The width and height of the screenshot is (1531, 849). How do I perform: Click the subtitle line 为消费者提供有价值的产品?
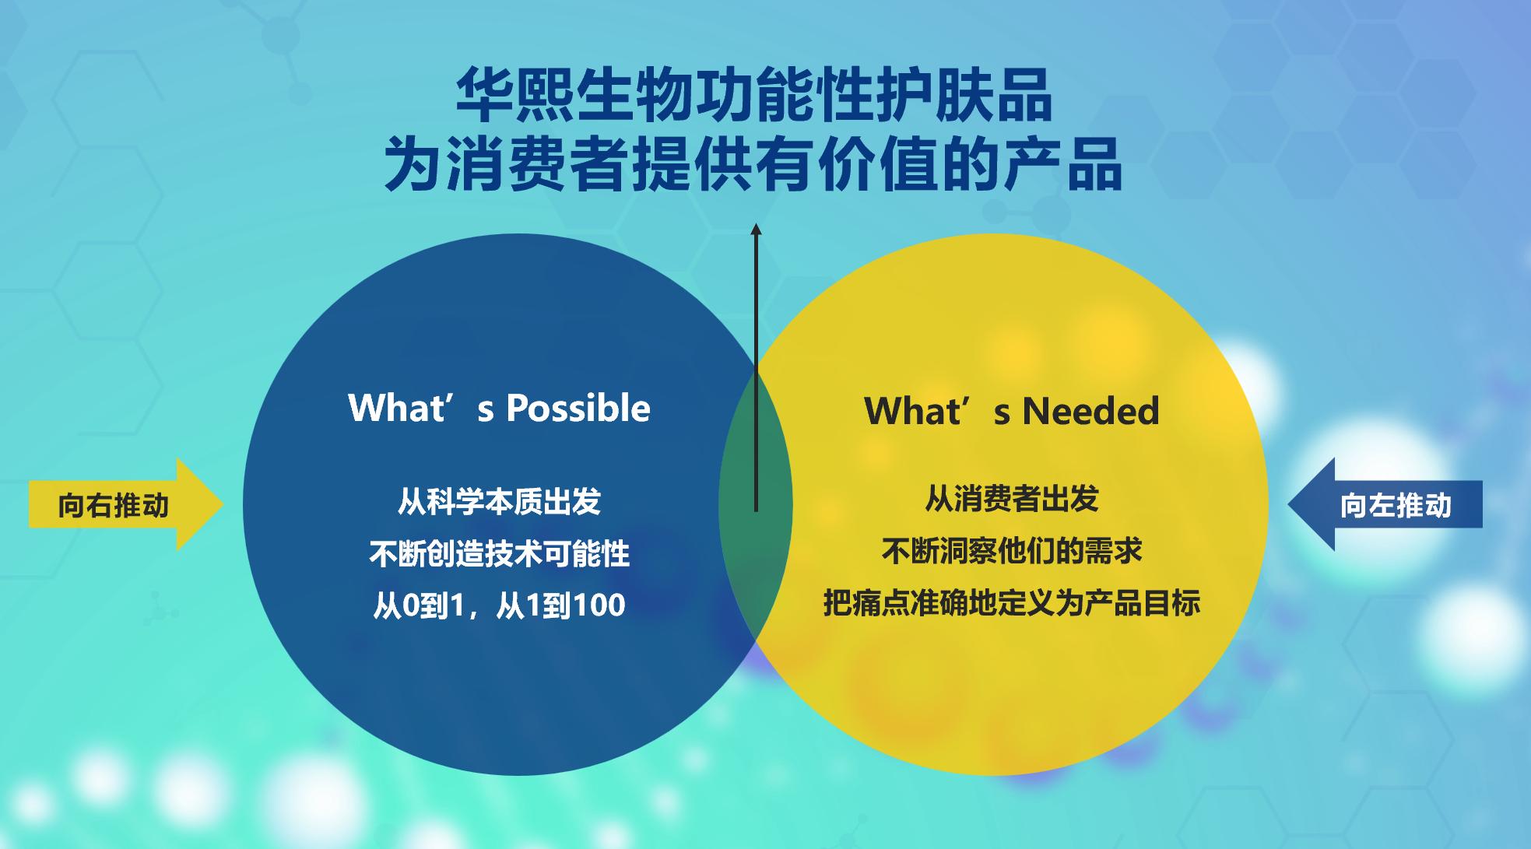753,164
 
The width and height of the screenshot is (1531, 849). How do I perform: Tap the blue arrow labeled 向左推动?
1385,504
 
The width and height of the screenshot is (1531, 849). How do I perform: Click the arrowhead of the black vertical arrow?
755,230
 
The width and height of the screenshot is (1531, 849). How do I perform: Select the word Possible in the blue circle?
578,408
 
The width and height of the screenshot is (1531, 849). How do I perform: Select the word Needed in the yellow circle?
1090,411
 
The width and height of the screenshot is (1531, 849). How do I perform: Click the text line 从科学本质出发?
500,501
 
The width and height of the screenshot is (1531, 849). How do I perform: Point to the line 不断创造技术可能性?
500,553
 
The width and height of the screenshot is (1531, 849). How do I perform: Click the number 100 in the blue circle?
598,605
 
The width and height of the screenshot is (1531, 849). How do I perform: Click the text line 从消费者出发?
1012,499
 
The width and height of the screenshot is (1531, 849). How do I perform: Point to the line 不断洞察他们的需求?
1012,551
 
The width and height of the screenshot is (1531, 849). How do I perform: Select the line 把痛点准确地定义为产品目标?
1012,603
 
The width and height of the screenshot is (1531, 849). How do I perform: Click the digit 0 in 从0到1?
410,605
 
